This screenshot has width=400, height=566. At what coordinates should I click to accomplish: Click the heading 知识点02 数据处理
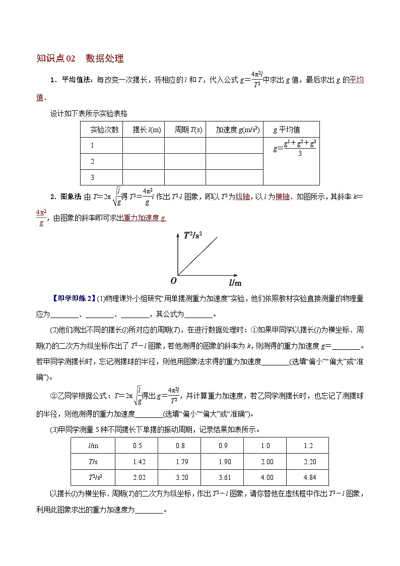(80, 58)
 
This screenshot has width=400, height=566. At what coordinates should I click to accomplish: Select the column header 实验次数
(104, 130)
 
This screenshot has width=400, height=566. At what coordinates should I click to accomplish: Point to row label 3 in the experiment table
(93, 177)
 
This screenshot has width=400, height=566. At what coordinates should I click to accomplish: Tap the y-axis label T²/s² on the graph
(192, 235)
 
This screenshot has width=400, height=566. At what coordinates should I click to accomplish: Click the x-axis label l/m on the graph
(235, 283)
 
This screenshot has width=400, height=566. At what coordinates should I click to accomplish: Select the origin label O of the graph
(173, 280)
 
